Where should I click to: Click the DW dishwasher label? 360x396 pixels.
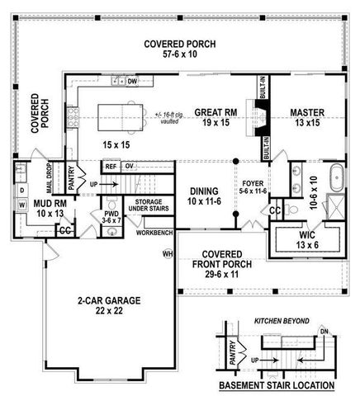[131, 81]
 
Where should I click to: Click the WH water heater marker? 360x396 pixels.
[168, 253]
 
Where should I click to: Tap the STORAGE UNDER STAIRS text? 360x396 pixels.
[148, 207]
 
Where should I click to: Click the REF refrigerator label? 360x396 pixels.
[111, 166]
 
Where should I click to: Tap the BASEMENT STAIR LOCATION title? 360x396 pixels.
[277, 385]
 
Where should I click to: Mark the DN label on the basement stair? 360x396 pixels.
[324, 332]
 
